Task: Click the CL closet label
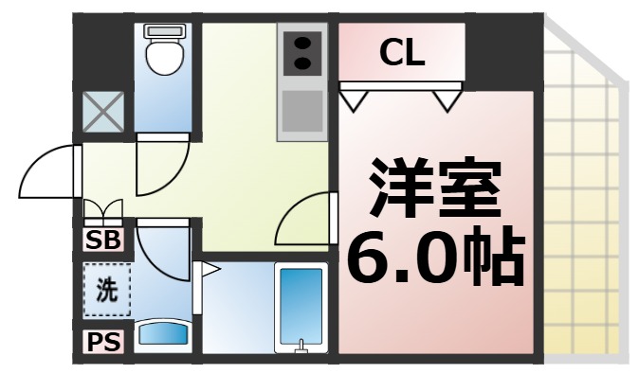(403, 54)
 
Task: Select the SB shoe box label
(103, 240)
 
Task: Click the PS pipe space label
(103, 342)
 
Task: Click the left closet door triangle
(356, 96)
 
